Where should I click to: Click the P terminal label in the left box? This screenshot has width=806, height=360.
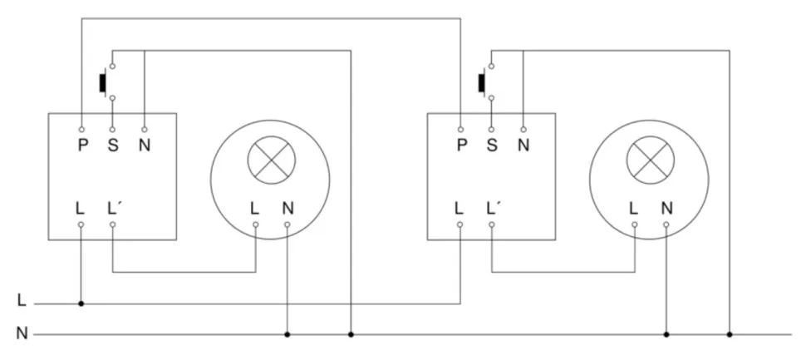[x=81, y=145]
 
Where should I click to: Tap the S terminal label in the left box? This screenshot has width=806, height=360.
[x=112, y=145]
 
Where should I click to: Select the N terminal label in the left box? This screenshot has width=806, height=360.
[x=144, y=145]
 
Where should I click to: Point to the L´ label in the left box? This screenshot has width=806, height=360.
[x=115, y=207]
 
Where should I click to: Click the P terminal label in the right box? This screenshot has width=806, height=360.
[x=460, y=145]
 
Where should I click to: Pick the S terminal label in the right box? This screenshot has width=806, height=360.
[x=492, y=145]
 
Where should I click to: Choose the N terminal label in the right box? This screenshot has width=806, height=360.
[x=523, y=145]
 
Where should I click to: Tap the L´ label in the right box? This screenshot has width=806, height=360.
[x=494, y=207]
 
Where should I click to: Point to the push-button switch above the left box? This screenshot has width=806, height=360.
[x=105, y=82]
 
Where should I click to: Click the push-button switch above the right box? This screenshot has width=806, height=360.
[x=484, y=82]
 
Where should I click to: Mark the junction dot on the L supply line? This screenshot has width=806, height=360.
[x=81, y=303]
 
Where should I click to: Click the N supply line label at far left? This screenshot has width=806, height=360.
[x=22, y=334]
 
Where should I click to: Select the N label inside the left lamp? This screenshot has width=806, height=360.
[x=288, y=207]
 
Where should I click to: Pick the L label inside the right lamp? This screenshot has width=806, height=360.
[x=634, y=207]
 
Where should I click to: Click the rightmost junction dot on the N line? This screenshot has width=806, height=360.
[x=730, y=335]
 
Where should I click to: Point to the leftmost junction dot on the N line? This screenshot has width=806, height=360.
[x=287, y=335]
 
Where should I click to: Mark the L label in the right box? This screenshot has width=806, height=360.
[x=460, y=207]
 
